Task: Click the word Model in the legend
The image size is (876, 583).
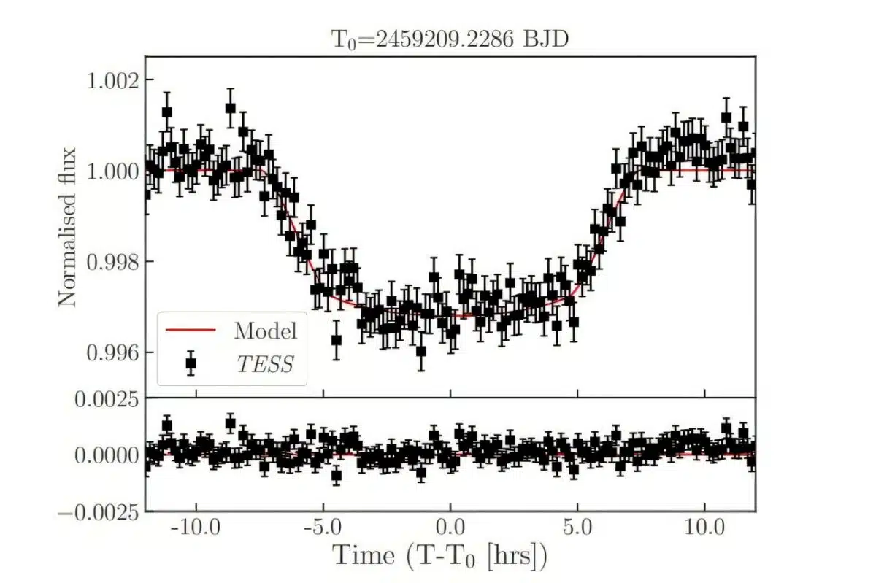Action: (266, 331)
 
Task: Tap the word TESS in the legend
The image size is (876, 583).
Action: (264, 363)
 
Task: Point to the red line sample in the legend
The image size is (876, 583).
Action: (191, 331)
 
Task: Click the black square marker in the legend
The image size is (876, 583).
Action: (191, 363)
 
